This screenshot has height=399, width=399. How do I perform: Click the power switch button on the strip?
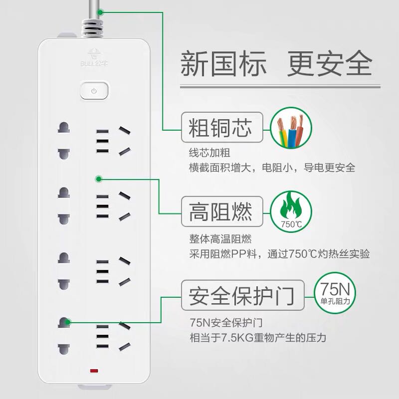(x=94, y=90)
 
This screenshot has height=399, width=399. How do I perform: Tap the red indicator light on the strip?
(x=94, y=371)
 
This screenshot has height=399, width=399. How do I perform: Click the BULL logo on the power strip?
(x=94, y=57)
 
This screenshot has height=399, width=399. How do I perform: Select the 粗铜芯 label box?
(x=222, y=127)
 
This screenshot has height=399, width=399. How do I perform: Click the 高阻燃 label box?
(x=222, y=211)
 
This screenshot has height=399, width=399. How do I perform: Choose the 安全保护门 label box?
(x=243, y=295)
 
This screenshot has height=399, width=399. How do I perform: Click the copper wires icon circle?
(x=291, y=128)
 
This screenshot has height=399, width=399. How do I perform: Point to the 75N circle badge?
(x=335, y=293)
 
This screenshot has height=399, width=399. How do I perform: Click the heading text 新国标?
(x=223, y=63)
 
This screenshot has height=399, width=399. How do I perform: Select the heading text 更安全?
(x=330, y=63)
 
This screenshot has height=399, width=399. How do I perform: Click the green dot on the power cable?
(x=101, y=12)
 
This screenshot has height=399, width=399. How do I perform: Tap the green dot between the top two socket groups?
(x=99, y=179)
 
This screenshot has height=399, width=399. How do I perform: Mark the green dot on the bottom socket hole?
(x=67, y=322)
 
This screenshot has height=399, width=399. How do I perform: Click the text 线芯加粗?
(x=209, y=153)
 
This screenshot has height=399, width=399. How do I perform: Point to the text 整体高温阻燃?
(x=220, y=239)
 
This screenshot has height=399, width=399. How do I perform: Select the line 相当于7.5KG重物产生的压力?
(x=258, y=338)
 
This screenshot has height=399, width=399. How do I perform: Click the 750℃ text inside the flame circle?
(x=291, y=224)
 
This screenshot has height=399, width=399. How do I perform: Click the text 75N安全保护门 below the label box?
(x=226, y=323)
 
